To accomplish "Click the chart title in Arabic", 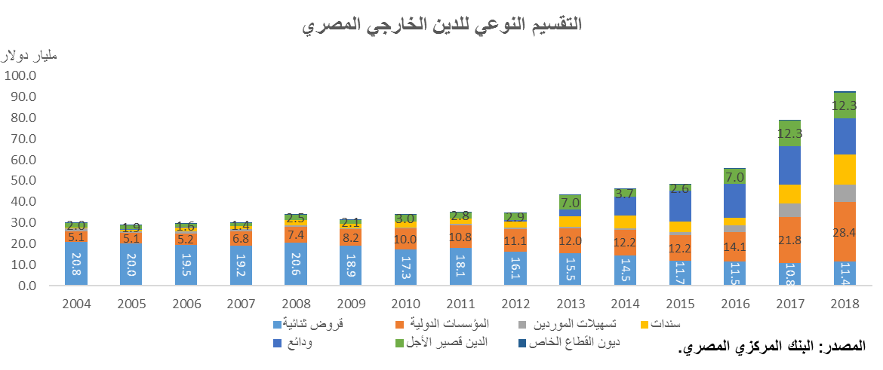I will pos(441,25).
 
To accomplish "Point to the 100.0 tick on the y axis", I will pos(21,75).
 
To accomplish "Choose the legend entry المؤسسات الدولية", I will pos(445,324).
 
